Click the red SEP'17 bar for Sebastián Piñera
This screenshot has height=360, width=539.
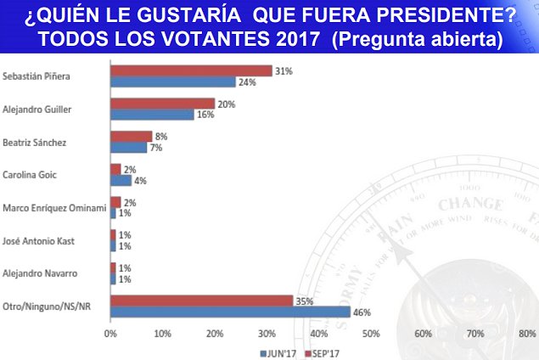coord(191,70)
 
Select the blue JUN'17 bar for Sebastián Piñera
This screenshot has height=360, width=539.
coord(172,82)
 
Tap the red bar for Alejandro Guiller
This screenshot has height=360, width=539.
coord(162,104)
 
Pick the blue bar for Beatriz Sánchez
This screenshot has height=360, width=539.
coord(128,147)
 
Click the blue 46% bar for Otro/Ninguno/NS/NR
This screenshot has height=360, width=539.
coord(230,312)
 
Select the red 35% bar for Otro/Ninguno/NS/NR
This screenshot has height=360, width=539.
coord(201,301)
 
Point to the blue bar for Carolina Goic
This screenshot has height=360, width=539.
coord(121,180)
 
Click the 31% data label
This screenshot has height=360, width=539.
coord(283,70)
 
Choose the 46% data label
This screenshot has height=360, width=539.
coord(361,312)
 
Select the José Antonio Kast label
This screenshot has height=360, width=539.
coord(40,240)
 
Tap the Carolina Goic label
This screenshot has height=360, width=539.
coord(30,174)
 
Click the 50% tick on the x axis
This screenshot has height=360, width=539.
coord(371,333)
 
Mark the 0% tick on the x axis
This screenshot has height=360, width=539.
coord(110,333)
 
